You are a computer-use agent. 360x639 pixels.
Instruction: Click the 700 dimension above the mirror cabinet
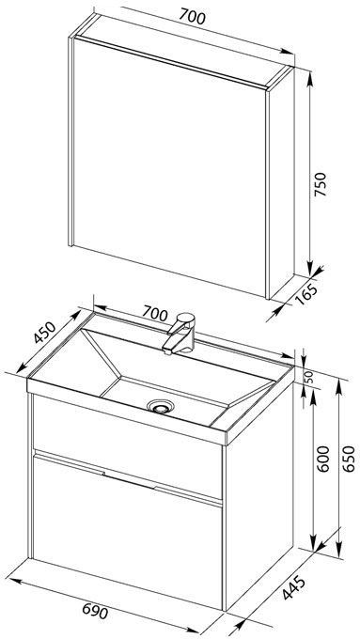click(192, 16)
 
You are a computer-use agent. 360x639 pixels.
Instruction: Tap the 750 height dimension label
click(321, 184)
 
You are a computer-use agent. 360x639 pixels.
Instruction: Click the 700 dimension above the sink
click(154, 313)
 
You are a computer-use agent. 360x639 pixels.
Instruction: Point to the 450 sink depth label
click(43, 333)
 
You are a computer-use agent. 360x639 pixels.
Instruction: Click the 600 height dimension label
click(323, 459)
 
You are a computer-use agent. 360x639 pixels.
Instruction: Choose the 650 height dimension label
click(349, 459)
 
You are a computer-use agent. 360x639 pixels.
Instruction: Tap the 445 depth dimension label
click(293, 587)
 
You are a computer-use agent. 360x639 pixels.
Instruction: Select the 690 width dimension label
click(95, 612)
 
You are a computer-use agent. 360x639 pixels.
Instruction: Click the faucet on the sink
click(180, 333)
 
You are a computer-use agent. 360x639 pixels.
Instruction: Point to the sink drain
click(161, 406)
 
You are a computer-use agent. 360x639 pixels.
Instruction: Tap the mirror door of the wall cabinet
click(169, 166)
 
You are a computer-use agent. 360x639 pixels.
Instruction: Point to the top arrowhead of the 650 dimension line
click(338, 386)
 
